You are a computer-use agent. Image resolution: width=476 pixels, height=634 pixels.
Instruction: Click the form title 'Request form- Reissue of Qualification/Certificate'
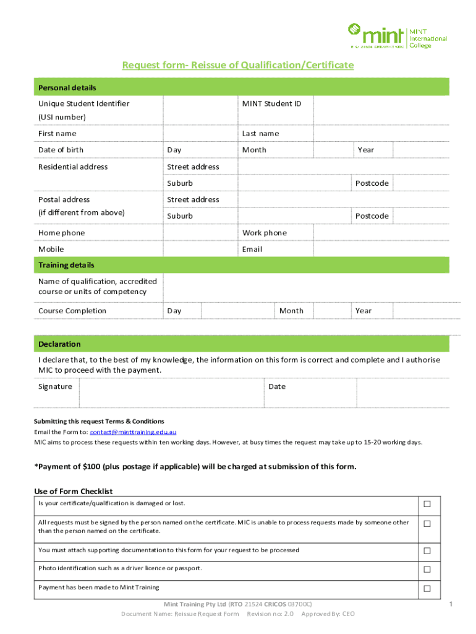tap(237, 65)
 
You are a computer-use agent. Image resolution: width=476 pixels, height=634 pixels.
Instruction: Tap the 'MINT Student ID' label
tap(271, 103)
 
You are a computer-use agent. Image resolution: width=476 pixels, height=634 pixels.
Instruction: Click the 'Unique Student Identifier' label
tap(83, 103)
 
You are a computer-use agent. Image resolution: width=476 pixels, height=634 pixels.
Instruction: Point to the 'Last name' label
tap(260, 133)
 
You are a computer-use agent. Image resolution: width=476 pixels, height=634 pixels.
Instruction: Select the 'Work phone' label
tap(264, 233)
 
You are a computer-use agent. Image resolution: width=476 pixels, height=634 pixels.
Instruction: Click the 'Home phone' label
tap(61, 233)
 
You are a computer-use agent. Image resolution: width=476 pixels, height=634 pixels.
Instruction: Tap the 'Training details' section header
tap(66, 265)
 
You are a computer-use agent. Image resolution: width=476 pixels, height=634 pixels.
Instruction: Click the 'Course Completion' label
tap(72, 311)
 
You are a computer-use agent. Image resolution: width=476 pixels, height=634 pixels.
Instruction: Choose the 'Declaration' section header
tap(59, 344)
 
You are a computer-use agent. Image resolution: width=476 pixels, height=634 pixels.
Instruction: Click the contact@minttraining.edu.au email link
tap(133, 432)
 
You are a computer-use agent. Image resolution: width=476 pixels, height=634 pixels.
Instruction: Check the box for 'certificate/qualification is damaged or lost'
tap(427, 504)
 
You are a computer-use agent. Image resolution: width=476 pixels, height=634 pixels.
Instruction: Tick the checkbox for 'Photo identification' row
tap(427, 569)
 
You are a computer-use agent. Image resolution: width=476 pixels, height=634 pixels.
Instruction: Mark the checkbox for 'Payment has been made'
tap(427, 588)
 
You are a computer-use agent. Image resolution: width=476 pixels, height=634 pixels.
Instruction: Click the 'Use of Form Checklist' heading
tap(73, 492)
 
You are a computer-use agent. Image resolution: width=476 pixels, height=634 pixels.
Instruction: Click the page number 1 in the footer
tap(451, 604)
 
